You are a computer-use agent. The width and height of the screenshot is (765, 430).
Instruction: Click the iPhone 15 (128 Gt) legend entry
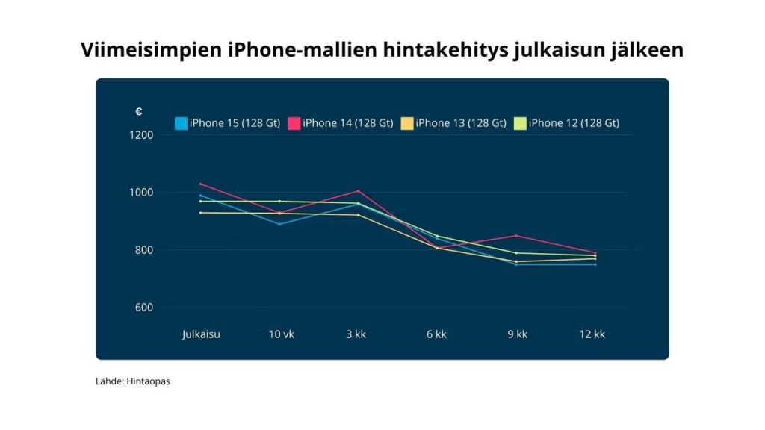click(x=227, y=123)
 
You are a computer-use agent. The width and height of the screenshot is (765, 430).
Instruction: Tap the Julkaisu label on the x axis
click(x=201, y=334)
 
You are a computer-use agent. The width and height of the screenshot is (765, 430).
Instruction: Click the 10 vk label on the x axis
click(x=281, y=334)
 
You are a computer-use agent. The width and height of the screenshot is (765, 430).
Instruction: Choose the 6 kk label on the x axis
click(x=436, y=334)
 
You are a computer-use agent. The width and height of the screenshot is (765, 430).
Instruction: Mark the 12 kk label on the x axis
click(x=592, y=334)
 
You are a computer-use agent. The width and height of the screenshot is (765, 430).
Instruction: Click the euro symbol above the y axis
click(x=138, y=112)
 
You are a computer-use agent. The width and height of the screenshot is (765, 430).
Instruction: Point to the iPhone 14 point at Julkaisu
click(x=201, y=184)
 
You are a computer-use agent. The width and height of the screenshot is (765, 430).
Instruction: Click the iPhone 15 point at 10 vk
click(x=279, y=224)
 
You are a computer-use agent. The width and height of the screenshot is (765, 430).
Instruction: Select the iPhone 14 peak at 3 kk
click(x=359, y=190)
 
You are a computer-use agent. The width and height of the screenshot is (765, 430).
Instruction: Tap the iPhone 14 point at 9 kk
click(x=515, y=235)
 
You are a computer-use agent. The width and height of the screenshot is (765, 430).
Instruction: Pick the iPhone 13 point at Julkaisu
click(x=201, y=213)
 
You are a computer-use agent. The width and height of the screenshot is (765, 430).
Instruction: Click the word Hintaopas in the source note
click(x=149, y=381)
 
